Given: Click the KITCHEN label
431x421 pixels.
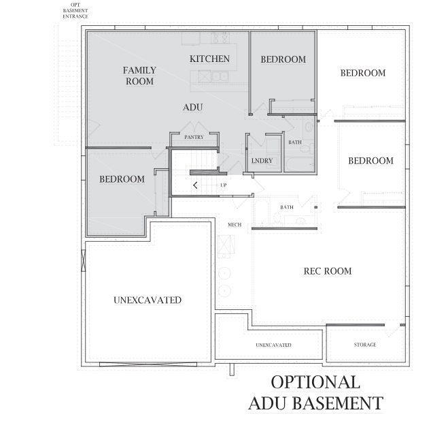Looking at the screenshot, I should (209, 59).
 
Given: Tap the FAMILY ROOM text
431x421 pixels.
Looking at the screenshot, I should (139, 76).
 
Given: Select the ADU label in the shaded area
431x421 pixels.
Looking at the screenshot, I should (193, 108).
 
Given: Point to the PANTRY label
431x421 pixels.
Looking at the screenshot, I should (194, 137).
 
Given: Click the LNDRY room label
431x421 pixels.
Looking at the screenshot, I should (262, 161).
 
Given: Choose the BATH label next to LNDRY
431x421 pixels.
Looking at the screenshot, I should (295, 142).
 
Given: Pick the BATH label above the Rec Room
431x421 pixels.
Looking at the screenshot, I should (287, 207).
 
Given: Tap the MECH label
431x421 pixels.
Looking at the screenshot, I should (235, 224).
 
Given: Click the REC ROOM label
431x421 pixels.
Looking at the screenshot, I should (327, 271).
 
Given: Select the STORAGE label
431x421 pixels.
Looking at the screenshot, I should (364, 345).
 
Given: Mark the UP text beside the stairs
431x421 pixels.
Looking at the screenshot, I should (223, 185).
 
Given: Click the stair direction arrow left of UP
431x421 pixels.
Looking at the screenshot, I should (196, 185).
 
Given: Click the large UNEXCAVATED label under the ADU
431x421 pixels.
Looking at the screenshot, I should (148, 300).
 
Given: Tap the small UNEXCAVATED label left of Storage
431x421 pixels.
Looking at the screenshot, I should (273, 345).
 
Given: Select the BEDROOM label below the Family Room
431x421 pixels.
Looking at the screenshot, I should (122, 179).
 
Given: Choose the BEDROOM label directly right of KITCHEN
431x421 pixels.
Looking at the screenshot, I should (283, 60).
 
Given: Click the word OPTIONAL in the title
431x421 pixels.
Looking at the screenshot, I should (315, 382).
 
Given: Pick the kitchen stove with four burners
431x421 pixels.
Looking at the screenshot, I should (219, 38).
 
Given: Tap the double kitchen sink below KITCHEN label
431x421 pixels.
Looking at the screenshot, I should (219, 76).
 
